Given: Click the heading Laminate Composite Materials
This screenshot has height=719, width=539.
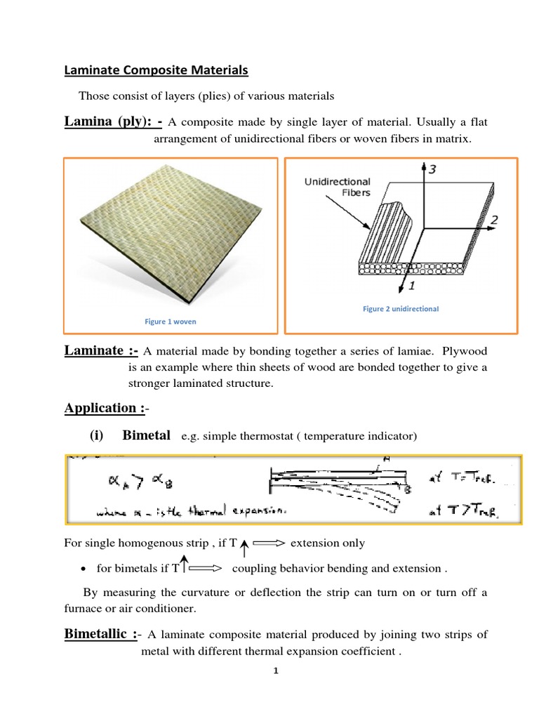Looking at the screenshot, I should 156,70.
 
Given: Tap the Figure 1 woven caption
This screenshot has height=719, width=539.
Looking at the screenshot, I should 171,322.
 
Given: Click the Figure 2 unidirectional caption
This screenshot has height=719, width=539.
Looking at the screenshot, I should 400,309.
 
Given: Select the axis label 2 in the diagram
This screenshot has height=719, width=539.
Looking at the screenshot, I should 493,220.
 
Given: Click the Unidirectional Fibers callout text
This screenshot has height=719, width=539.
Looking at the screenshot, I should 337,187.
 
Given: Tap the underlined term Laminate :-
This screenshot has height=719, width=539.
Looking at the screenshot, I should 101,351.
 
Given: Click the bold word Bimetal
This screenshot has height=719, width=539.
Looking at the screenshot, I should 146,435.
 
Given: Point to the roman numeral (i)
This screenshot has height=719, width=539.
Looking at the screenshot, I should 96,436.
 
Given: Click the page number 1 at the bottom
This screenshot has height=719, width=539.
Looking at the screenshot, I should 277,671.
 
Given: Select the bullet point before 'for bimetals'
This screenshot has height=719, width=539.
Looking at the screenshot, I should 84,569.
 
